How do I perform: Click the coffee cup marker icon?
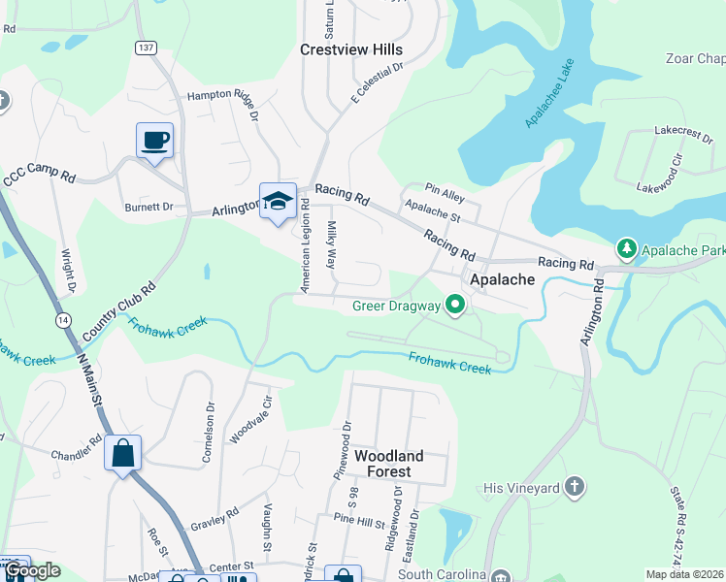tap(154, 142)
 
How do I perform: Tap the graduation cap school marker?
tap(278, 201)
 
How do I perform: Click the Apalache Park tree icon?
tap(627, 250)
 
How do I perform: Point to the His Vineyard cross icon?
tap(575, 486)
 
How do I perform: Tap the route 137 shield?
tap(146, 48)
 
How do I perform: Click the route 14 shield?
tap(62, 319)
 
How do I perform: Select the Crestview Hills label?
tap(351, 49)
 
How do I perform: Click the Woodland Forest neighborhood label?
tap(388, 464)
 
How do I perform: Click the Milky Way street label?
tap(332, 244)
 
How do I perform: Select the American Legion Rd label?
tap(305, 246)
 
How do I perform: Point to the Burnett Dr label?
tap(148, 207)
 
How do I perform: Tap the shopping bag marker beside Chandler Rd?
tap(123, 453)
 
